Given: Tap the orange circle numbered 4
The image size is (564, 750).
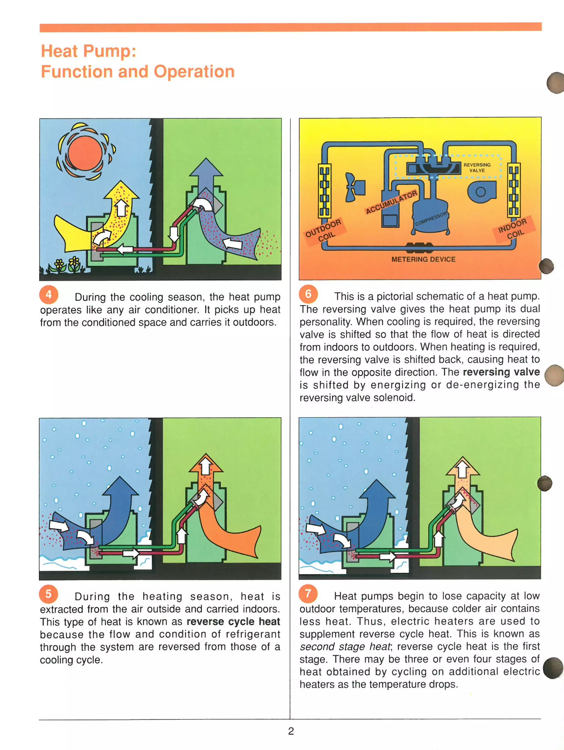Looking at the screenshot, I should pos(49,295).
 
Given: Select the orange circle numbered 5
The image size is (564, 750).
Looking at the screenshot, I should pos(48,594).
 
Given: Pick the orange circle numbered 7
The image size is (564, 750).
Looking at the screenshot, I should pos(308,594).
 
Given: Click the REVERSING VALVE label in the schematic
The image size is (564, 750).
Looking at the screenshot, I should pos(477,167).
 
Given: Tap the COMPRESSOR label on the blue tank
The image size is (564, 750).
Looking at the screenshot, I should pos(431,219).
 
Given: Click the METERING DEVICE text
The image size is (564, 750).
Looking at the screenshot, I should pos(423,259).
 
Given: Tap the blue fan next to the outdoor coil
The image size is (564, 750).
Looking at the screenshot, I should pos(354,187).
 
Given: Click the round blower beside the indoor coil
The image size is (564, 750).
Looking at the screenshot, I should pos(481,192).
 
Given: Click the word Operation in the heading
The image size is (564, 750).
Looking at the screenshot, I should pos(194,72).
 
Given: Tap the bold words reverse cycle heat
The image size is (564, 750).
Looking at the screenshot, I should pos(233,621).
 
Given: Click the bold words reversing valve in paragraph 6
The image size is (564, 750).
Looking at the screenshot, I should pos(501,372).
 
